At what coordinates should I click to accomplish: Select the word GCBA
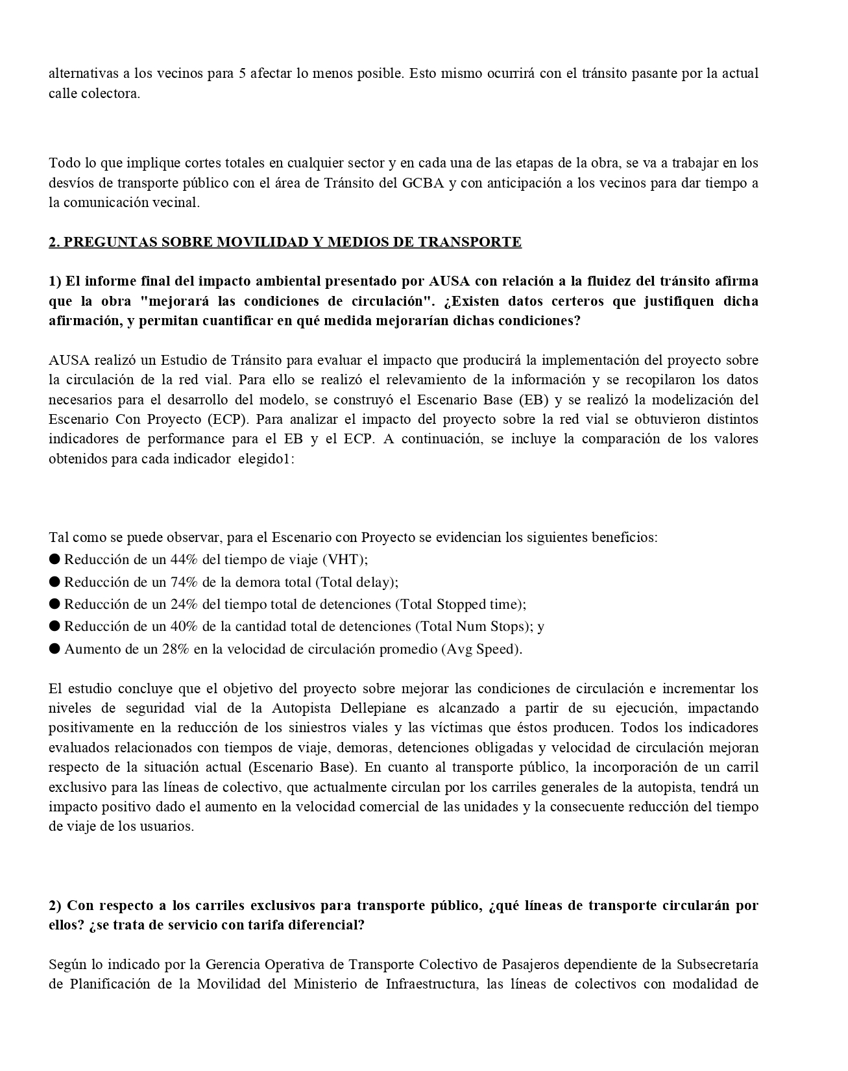click(422, 182)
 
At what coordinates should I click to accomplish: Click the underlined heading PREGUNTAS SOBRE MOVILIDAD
click(285, 242)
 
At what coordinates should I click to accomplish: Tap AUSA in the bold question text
click(450, 281)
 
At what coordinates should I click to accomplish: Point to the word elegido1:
click(267, 458)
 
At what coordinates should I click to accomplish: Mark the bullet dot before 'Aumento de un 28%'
click(55, 649)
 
